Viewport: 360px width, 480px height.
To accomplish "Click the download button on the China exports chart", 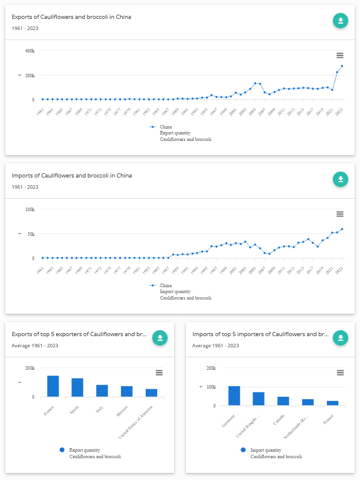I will click(x=340, y=21).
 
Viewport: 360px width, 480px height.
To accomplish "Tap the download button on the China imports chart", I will click(x=340, y=179).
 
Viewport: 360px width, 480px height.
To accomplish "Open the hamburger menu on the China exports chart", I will click(x=340, y=55).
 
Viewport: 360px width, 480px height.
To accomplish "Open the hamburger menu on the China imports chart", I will click(x=340, y=213).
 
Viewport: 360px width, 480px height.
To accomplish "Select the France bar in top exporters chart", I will click(x=53, y=386).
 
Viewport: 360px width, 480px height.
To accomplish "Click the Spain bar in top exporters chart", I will click(x=77, y=387).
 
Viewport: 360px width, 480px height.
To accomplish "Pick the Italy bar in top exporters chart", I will click(x=102, y=391).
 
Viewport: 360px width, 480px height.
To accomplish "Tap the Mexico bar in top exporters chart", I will click(x=127, y=392).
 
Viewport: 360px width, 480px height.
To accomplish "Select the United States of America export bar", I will click(x=152, y=393).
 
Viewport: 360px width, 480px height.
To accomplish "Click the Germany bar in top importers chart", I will click(x=234, y=396).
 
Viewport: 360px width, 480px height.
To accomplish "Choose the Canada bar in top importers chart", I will click(x=283, y=401).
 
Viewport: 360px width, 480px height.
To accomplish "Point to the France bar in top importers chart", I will click(x=333, y=403).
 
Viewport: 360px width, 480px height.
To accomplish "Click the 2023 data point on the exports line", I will click(x=342, y=66).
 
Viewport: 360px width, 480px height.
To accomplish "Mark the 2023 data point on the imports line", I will click(x=342, y=229).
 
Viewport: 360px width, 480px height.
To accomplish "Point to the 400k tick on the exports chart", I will click(x=30, y=51).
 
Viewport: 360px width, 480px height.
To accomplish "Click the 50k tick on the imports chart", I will click(x=30, y=234).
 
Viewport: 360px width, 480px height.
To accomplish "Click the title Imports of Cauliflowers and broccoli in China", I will click(x=71, y=176).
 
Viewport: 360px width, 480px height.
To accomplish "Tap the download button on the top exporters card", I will click(x=160, y=337).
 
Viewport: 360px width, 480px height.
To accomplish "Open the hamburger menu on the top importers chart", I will click(x=340, y=373).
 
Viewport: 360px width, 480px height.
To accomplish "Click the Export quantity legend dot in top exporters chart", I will click(x=62, y=450).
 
